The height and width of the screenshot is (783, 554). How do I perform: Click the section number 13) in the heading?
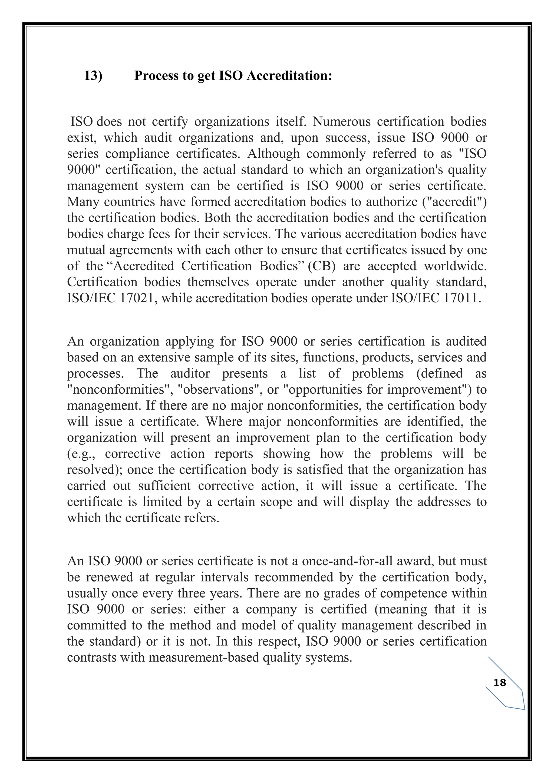93,76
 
